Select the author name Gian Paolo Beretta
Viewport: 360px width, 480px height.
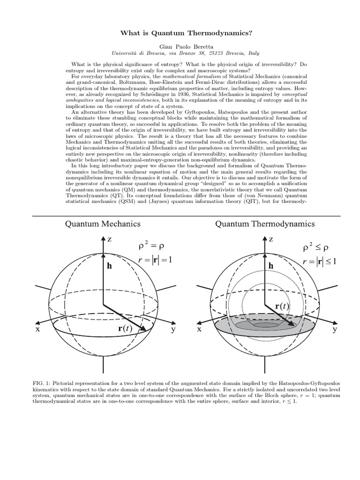(x=180, y=47)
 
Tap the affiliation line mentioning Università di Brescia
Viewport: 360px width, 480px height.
(x=180, y=54)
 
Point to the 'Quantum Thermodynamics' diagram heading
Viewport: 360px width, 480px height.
(x=265, y=224)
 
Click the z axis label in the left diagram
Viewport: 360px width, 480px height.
(x=109, y=239)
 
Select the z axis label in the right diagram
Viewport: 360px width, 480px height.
(x=271, y=239)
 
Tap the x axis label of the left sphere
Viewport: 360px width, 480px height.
(x=37, y=330)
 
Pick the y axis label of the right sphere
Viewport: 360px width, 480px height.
(x=335, y=330)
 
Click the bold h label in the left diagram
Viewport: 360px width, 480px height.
(x=110, y=265)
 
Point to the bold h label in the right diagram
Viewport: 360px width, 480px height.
(x=270, y=266)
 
